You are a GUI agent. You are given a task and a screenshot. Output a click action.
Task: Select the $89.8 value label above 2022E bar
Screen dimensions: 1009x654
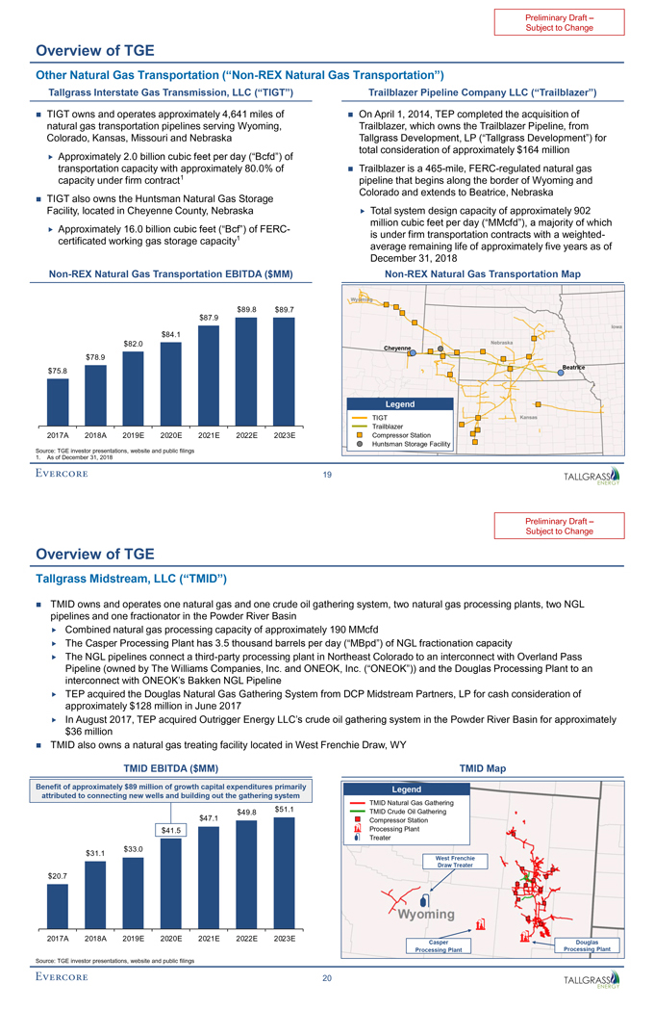point(246,309)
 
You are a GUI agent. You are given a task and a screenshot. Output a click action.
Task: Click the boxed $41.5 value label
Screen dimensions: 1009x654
point(171,829)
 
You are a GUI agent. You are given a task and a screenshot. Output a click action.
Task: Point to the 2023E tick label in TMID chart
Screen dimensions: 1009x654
point(284,936)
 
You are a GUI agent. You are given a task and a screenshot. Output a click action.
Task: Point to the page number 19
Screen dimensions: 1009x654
point(327,474)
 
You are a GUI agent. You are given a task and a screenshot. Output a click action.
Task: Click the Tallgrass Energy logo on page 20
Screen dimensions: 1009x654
point(591,980)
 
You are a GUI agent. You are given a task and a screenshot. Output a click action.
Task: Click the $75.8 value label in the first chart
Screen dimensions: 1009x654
point(58,370)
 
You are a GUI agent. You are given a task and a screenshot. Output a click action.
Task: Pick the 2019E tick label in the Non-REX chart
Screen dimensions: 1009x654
point(134,435)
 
